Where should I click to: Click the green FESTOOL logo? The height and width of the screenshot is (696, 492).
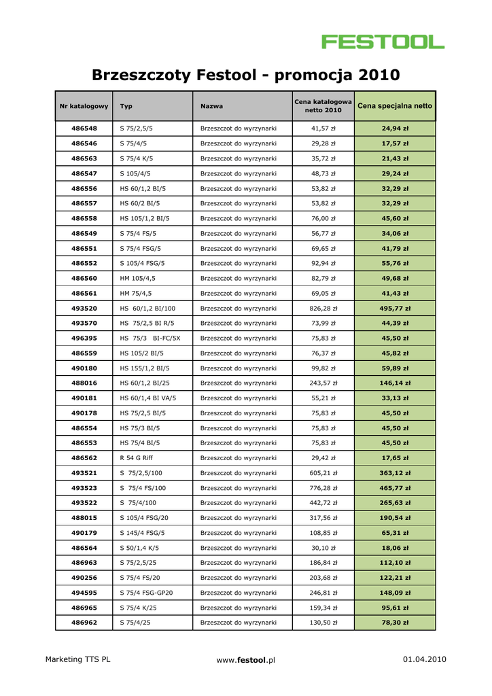(x=383, y=42)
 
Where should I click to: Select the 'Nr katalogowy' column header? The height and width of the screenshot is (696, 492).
(x=84, y=106)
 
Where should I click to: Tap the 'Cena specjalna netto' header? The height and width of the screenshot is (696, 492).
(x=395, y=106)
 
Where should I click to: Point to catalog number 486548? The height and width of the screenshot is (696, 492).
(x=84, y=128)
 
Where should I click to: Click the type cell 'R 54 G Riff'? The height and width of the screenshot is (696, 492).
(x=137, y=458)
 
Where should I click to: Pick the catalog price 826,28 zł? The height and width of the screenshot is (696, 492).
(x=323, y=308)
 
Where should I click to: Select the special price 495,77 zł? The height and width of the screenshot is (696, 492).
(x=395, y=308)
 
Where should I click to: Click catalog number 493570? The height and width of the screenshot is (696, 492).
(x=84, y=323)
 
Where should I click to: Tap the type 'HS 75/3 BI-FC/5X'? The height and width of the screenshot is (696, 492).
(x=150, y=338)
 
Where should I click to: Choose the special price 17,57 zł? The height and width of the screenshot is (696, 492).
(x=395, y=143)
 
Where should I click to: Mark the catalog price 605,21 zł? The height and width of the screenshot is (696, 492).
(x=323, y=473)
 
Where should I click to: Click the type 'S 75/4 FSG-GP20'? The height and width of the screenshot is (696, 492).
(x=147, y=593)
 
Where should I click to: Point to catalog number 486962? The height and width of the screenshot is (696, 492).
(x=84, y=623)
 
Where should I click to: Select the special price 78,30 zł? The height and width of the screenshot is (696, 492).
(x=395, y=623)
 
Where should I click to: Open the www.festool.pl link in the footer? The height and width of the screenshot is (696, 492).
(x=245, y=660)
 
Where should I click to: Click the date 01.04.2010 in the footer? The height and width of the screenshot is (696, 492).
(x=425, y=659)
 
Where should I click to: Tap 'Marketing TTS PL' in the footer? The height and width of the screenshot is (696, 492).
(x=77, y=659)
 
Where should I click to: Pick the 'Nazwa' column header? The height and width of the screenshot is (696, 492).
(x=211, y=106)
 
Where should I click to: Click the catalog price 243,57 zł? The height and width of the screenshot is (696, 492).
(x=323, y=383)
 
